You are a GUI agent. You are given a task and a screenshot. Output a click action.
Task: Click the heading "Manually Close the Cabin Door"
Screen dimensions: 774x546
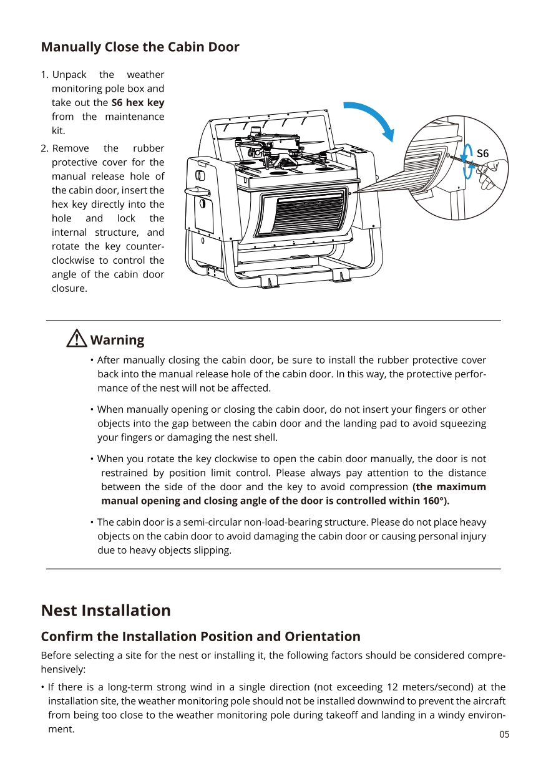140,47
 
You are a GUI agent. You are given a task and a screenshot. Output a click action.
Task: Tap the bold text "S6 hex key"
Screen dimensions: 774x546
137,102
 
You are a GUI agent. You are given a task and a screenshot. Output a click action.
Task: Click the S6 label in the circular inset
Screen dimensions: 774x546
482,153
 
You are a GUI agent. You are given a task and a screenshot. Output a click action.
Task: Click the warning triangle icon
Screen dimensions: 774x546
76,339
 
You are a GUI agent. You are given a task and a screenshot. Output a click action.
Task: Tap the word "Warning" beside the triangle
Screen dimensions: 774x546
117,340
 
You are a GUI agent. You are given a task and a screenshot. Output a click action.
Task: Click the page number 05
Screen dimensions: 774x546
504,734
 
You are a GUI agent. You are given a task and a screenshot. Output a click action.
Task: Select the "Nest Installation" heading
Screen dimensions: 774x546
105,610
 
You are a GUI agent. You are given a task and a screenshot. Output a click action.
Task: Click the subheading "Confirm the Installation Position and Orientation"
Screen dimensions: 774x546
200,636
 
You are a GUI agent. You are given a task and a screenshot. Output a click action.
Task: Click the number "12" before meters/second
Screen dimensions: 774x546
392,687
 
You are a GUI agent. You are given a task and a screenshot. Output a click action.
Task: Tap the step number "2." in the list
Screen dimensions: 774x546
44,148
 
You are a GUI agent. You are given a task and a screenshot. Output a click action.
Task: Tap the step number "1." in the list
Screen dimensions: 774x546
44,75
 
